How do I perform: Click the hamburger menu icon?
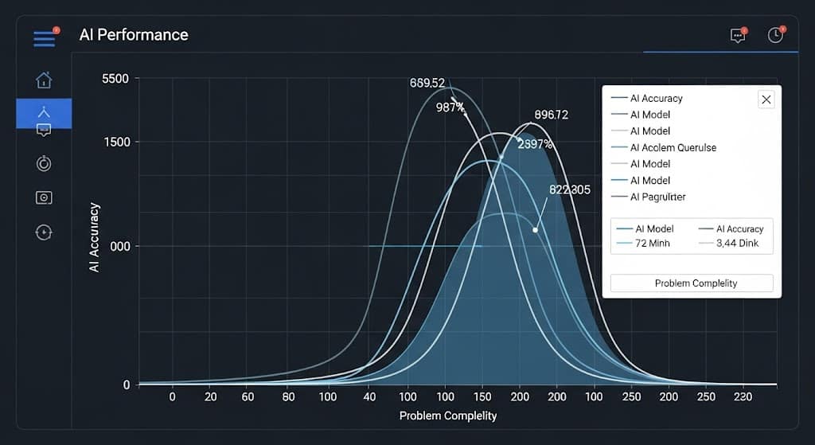tap(44, 38)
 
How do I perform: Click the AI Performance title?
tap(134, 35)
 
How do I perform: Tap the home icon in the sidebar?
tap(44, 80)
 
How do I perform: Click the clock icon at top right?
tap(775, 35)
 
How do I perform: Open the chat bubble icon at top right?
tap(738, 36)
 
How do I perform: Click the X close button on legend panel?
tap(766, 99)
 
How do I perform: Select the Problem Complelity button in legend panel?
tap(691, 283)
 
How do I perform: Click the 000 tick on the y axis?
tap(120, 247)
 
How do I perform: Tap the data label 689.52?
tap(427, 83)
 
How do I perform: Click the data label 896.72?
tap(551, 115)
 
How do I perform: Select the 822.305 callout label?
tap(570, 189)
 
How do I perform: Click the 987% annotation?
tap(450, 107)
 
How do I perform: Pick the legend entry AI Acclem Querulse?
tap(673, 147)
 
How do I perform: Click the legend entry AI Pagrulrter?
tap(657, 197)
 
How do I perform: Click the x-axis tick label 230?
tap(743, 396)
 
